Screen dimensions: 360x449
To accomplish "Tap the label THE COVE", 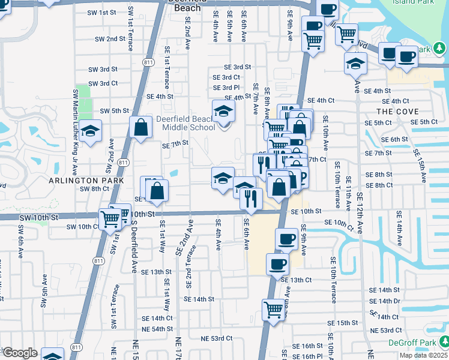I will (397, 112).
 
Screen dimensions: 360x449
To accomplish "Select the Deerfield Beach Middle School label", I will (185, 123).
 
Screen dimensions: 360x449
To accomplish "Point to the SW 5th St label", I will (115, 111).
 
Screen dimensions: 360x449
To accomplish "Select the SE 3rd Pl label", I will (226, 88).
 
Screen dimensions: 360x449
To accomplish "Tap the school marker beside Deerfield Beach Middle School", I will (223, 111).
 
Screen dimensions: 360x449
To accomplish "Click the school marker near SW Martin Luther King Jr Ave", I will (91, 130).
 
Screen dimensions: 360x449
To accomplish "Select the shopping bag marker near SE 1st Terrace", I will (140, 127).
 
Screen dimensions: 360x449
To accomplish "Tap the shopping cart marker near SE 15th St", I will (273, 310).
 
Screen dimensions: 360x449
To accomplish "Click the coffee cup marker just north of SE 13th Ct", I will (277, 263).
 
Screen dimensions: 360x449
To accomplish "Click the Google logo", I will (19, 353).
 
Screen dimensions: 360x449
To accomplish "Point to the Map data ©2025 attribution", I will (423, 355).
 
